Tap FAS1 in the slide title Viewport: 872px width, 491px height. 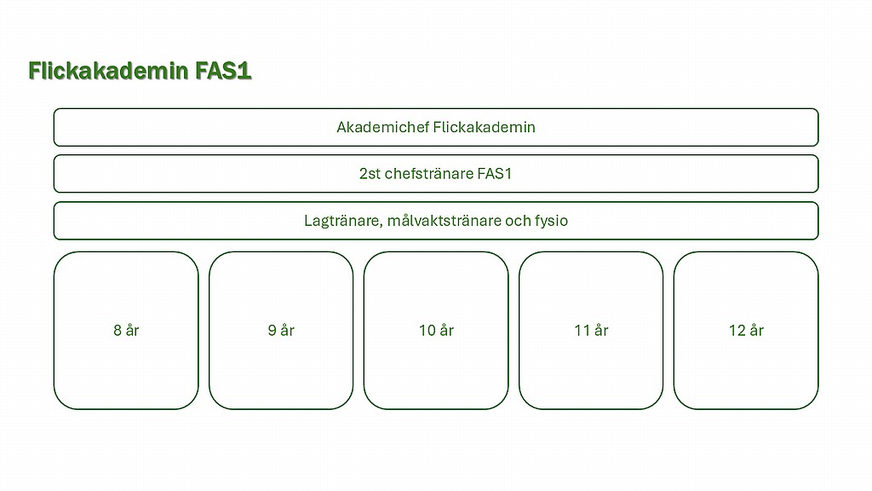click(x=224, y=72)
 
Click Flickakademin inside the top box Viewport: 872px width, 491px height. click(x=484, y=128)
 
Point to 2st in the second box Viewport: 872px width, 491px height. click(x=370, y=174)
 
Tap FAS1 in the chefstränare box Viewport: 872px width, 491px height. click(x=495, y=174)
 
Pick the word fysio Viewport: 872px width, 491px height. click(x=551, y=222)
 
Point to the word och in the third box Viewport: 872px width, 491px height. click(x=518, y=221)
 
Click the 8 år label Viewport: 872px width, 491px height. click(x=126, y=330)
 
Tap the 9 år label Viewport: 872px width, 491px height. click(x=281, y=330)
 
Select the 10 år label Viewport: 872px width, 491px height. click(x=436, y=330)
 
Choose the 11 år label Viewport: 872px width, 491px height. click(x=591, y=330)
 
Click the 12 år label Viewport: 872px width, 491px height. click(x=746, y=330)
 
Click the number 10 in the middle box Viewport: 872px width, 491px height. click(x=427, y=331)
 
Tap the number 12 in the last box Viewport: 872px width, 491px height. click(x=737, y=331)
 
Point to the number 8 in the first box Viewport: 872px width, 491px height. click(x=118, y=331)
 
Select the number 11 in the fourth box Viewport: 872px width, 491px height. click(x=582, y=331)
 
